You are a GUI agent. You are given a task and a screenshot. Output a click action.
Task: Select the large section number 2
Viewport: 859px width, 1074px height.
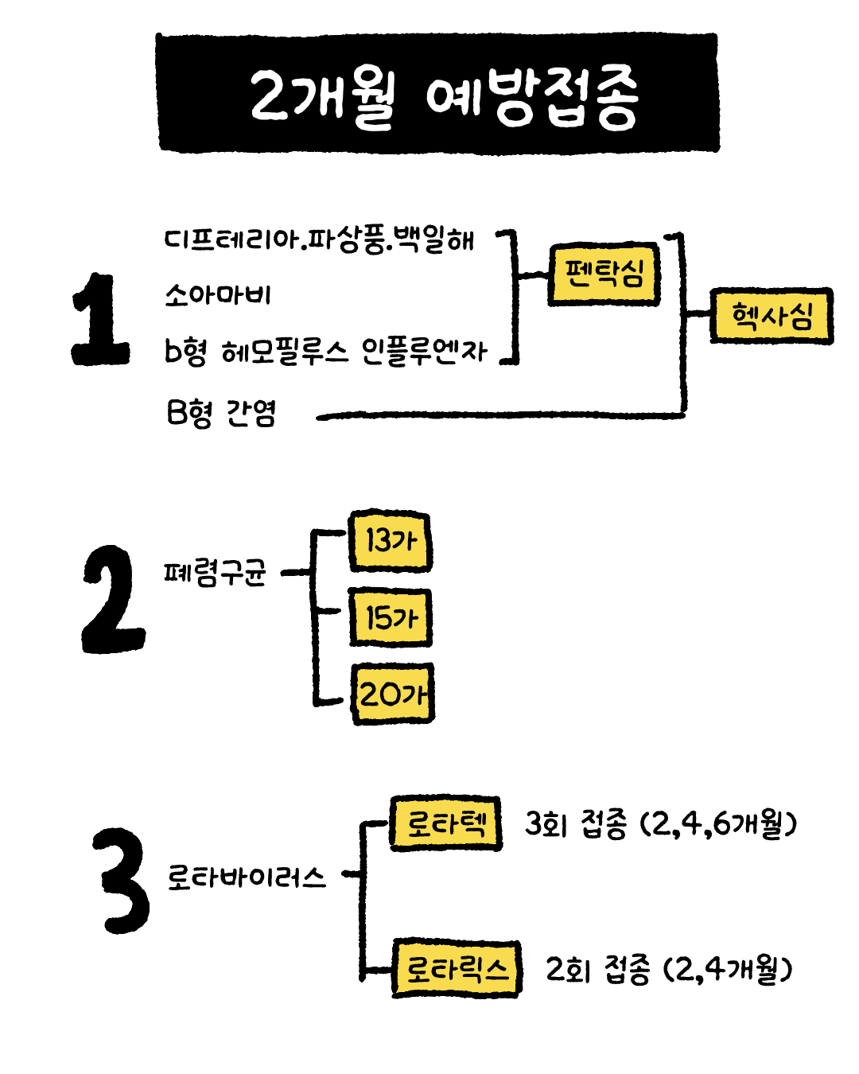(x=113, y=599)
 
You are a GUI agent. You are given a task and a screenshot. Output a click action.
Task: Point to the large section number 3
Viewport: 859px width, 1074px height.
(x=122, y=881)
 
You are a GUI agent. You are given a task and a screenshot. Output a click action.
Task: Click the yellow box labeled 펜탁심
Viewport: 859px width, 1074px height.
(x=604, y=274)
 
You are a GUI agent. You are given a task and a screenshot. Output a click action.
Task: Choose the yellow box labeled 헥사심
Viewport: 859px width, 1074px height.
(x=772, y=315)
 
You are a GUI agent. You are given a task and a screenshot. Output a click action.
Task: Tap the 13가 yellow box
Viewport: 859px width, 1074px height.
(x=391, y=541)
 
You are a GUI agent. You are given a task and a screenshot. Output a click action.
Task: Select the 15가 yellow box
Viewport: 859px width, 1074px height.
(x=391, y=617)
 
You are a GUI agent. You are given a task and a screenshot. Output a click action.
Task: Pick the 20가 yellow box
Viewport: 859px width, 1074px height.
(x=392, y=694)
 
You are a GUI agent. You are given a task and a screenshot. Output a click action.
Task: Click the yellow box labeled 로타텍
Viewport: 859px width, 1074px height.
(x=445, y=823)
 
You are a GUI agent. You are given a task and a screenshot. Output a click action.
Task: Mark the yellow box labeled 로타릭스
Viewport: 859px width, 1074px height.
(x=457, y=969)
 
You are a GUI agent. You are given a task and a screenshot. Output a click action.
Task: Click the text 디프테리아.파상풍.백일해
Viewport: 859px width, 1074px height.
(x=320, y=240)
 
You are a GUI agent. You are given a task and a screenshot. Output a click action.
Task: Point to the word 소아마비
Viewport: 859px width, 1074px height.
(x=218, y=294)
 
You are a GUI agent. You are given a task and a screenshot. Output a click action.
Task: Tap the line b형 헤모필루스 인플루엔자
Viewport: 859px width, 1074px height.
(x=325, y=352)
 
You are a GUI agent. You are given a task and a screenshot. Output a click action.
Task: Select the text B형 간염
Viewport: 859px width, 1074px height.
(x=220, y=413)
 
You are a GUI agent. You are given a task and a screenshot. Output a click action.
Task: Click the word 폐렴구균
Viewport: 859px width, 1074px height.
(x=215, y=573)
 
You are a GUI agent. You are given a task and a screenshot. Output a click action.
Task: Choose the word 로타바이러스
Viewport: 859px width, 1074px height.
(x=247, y=877)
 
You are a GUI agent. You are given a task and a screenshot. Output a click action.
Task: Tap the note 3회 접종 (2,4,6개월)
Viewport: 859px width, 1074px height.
(x=661, y=824)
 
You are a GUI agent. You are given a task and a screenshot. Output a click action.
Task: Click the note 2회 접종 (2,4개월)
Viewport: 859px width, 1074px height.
(x=669, y=969)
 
